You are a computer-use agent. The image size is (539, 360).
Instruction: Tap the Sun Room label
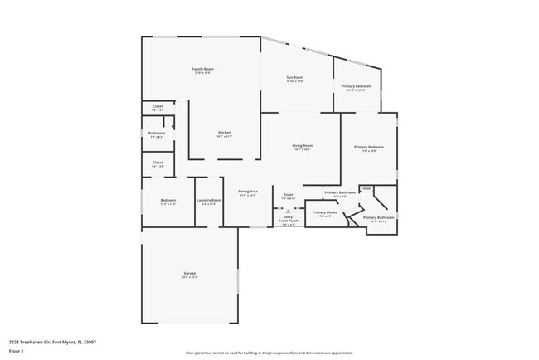coord(295,77)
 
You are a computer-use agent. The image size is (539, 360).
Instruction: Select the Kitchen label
coord(224,133)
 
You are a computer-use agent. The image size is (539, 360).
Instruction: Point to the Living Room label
coord(302,146)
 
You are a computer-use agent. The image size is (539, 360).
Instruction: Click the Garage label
coord(189,273)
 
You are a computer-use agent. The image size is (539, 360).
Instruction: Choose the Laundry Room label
coord(208,200)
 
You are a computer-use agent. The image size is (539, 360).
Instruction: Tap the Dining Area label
coord(248,192)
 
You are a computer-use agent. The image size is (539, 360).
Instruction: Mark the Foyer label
coord(288,196)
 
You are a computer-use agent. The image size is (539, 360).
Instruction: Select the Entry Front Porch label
coord(288,219)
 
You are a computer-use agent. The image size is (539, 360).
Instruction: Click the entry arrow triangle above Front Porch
coord(288,211)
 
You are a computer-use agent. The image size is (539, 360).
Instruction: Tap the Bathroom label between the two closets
coord(157,133)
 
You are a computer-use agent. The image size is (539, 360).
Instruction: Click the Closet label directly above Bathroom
coord(158,106)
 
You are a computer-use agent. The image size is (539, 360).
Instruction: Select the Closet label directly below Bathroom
coord(158,163)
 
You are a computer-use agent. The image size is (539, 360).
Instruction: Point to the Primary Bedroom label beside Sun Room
coord(356,86)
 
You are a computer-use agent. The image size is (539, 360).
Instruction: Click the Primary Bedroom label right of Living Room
coord(368,147)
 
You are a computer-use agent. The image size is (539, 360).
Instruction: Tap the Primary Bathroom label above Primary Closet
coord(340,192)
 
